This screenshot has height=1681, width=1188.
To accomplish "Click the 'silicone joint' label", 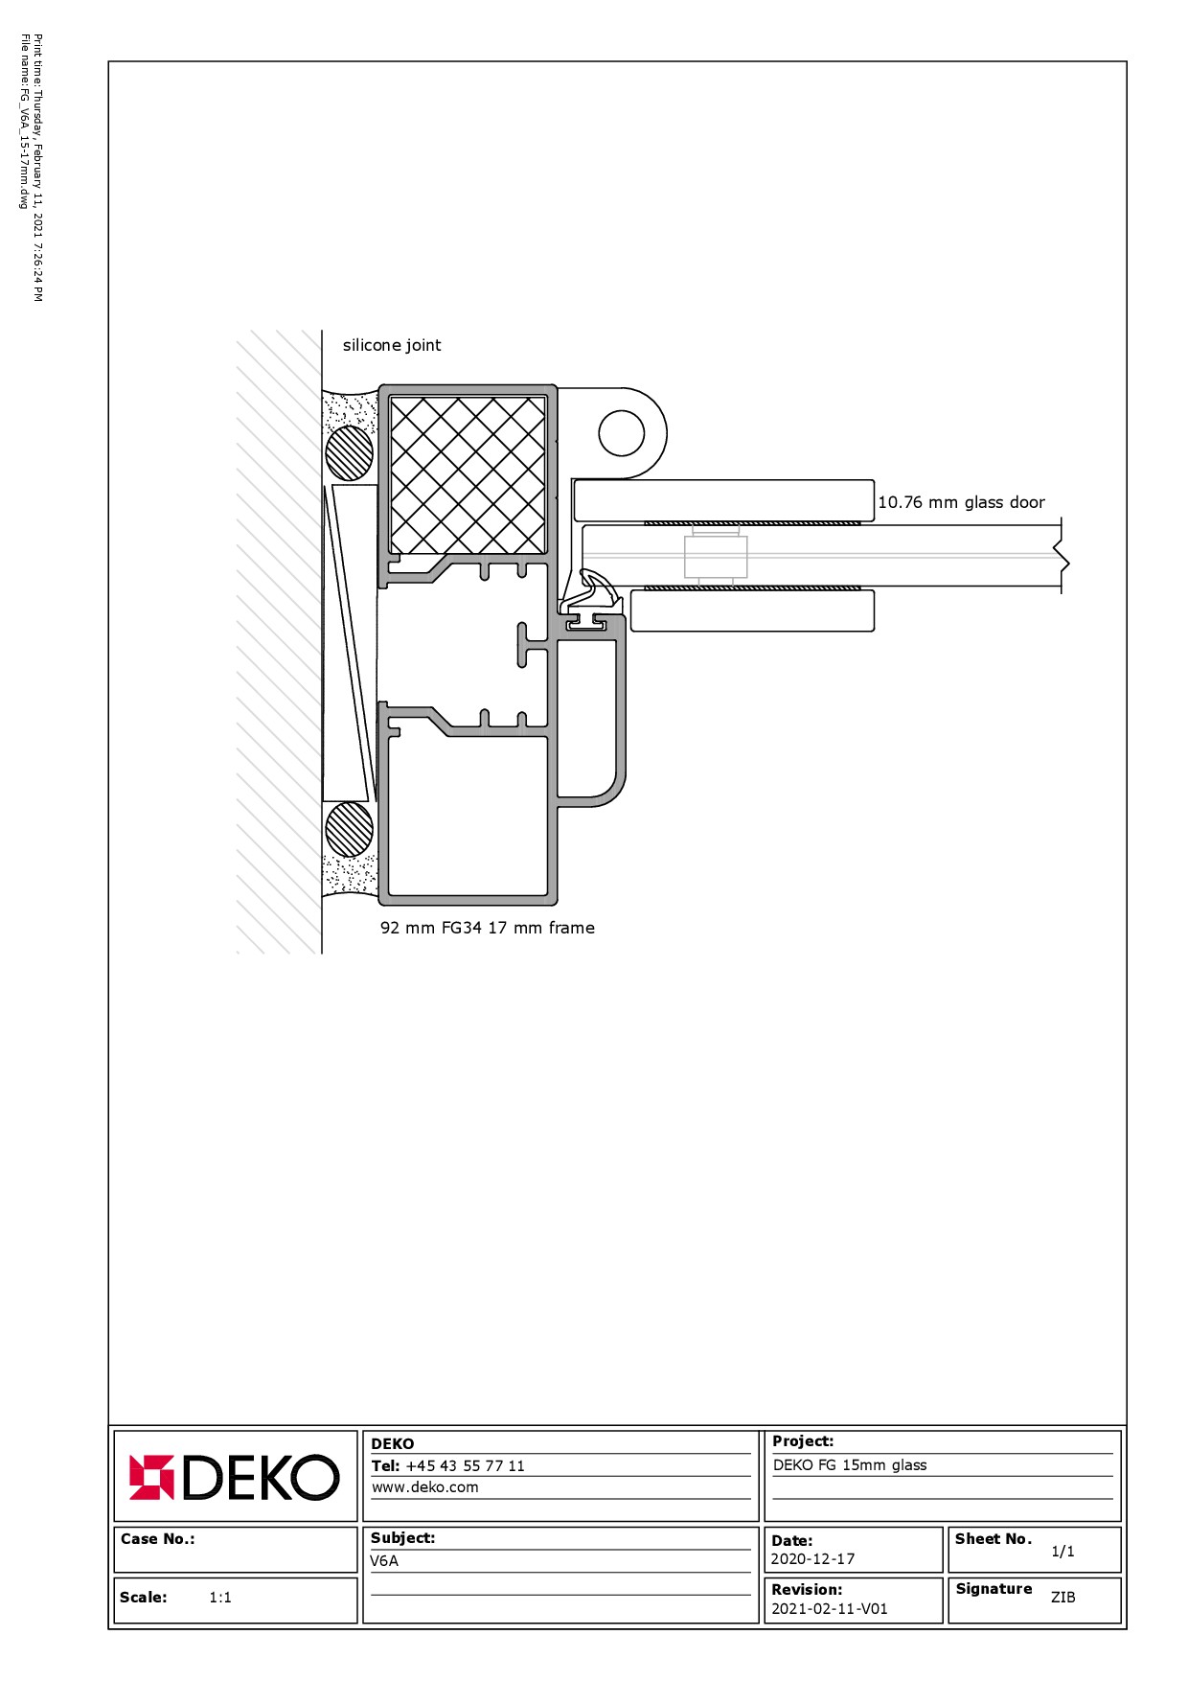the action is pos(392,345).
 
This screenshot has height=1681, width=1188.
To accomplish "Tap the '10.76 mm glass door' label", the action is pos(961,502).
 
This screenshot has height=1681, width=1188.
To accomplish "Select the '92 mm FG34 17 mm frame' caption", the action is pos(488,928).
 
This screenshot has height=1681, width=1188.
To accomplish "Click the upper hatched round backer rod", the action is pos(349,452).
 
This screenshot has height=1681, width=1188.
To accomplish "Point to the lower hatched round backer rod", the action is pos(349,829).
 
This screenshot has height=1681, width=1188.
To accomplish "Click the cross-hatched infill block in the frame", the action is pos(468,475).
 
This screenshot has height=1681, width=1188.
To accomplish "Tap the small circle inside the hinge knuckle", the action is pos(622,433).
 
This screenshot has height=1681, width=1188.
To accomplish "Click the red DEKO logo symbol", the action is pos(151,1477).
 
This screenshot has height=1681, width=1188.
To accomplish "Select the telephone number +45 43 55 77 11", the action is pos(465,1465).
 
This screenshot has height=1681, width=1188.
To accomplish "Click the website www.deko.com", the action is pos(424,1487).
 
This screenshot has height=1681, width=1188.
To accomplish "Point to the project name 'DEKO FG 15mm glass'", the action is pos(850,1464).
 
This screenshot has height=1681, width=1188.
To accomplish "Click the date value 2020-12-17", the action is pos(812,1559).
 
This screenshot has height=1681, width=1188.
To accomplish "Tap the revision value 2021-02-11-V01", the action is pos(830,1609).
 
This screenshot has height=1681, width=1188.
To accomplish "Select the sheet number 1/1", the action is pos(1062,1551).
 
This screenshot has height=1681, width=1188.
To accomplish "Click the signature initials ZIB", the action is pos(1062,1597).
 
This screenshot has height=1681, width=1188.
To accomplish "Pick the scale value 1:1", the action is pos(220,1597).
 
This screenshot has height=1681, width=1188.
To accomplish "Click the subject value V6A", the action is pos(384,1560).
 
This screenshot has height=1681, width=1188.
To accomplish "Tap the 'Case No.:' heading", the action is pos(157,1538).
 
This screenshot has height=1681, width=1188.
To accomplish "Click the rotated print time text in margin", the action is pos(37,168).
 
